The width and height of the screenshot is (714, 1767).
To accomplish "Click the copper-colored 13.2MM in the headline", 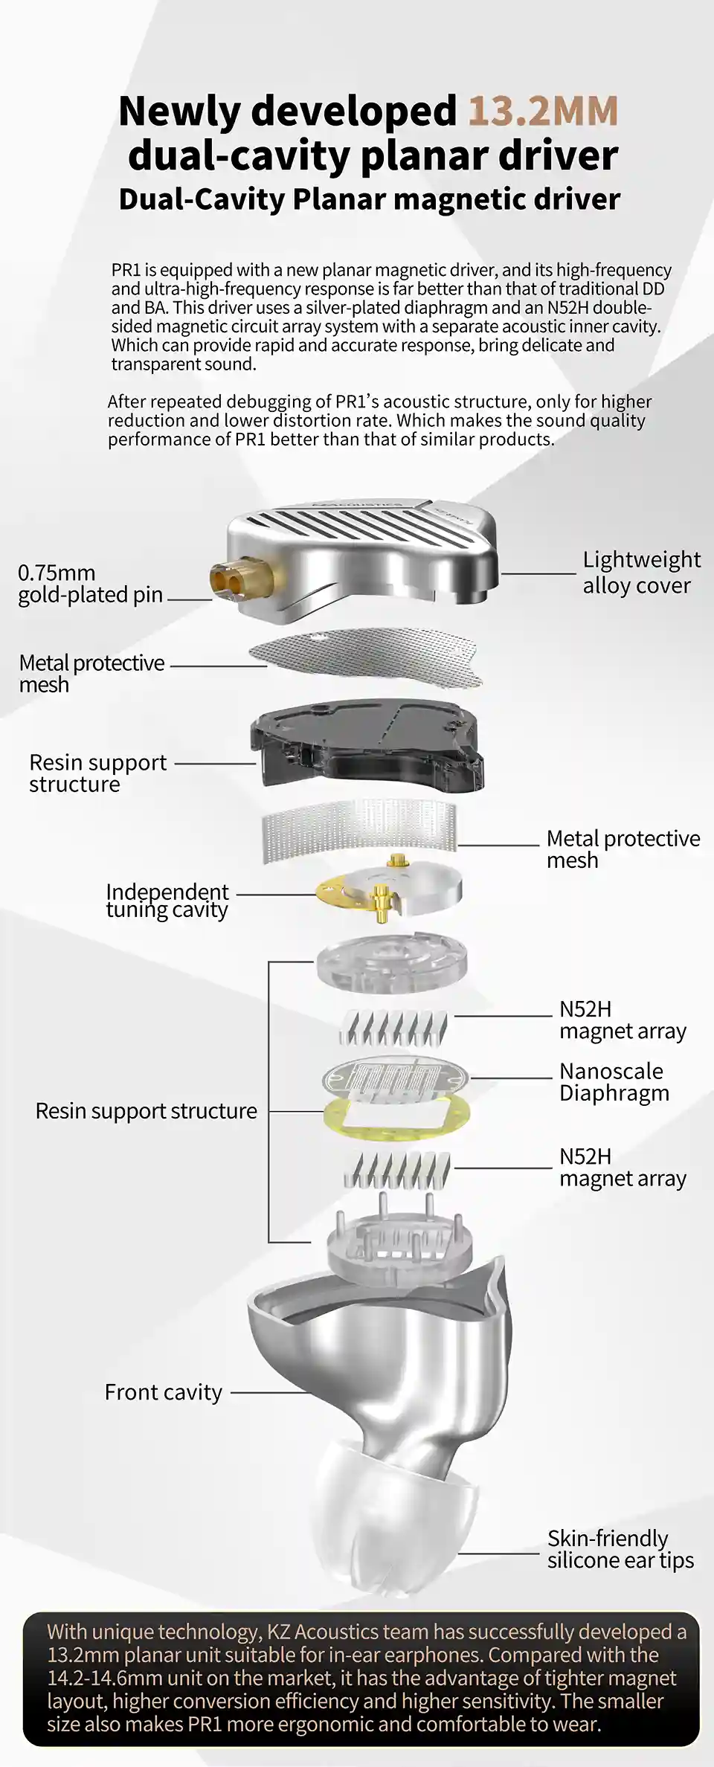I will pos(543,111).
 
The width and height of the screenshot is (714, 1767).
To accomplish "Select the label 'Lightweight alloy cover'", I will pos(640,573).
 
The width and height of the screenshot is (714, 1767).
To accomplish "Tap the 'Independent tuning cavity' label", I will pos(167,901).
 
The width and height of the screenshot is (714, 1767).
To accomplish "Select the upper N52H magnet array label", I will pos(622,1020).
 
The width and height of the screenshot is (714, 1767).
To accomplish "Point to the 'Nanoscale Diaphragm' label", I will pos(614,1082).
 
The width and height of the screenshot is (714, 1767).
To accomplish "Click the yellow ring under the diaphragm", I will pos(396,1119).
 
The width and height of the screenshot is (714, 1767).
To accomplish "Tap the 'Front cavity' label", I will pos(163,1392).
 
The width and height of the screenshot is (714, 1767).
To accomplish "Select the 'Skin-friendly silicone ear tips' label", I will pos(620,1549).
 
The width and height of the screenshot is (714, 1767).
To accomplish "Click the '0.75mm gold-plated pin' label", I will pos(89,584).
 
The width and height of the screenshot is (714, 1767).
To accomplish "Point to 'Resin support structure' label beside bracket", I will pos(146,1111).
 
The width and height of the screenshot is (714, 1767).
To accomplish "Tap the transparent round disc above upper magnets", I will pos(392,963).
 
